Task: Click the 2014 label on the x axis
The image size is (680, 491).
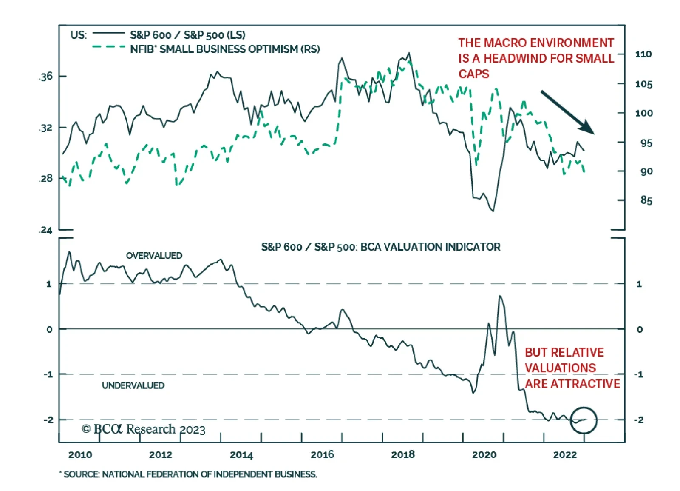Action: (x=241, y=455)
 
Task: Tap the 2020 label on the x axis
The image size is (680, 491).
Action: (x=484, y=455)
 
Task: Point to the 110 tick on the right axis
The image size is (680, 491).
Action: (x=643, y=54)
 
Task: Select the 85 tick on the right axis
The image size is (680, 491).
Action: (x=646, y=200)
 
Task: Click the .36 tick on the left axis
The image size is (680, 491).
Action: (x=46, y=77)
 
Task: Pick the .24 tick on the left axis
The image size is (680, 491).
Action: (x=46, y=230)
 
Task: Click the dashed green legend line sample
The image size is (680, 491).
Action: (x=108, y=46)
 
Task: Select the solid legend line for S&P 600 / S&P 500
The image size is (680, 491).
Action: (x=108, y=33)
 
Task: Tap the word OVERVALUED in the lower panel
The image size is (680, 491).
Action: (x=154, y=256)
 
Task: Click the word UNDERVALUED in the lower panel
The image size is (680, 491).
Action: (x=133, y=385)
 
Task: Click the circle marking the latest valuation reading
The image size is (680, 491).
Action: (x=584, y=420)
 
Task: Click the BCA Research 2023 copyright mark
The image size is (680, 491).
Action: (x=143, y=429)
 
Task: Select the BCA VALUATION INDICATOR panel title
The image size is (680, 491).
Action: (x=380, y=247)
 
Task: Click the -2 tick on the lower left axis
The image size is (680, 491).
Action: (x=48, y=420)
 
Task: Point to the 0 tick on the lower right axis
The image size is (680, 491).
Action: (x=639, y=329)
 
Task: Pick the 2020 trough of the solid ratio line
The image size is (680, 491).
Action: (x=493, y=211)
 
